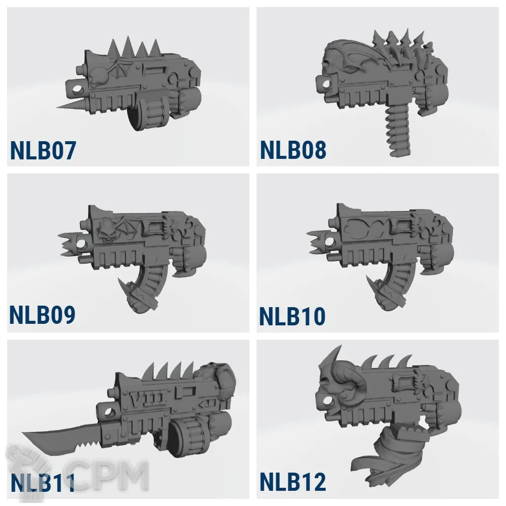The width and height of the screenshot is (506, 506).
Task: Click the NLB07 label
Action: [x=43, y=150]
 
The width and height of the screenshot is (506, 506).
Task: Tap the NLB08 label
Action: [x=293, y=150]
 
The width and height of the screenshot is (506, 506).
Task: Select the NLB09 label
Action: [x=43, y=315]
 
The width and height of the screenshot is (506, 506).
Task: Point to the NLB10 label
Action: [x=292, y=316]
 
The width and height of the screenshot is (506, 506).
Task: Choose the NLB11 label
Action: [x=43, y=482]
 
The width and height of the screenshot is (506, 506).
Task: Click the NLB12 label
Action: [x=292, y=482]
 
